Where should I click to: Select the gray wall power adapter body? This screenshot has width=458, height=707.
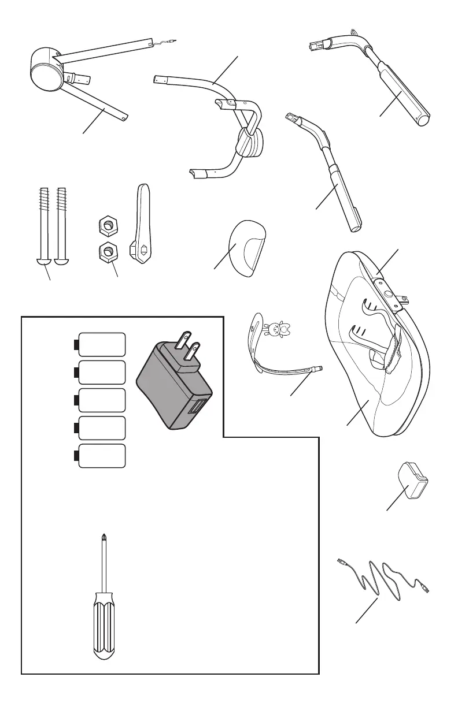(x=170, y=387)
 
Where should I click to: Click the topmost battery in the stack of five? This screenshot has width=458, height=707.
(x=102, y=344)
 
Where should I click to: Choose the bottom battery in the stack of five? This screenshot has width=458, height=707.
(x=102, y=456)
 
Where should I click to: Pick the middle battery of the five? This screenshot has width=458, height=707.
(x=102, y=400)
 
